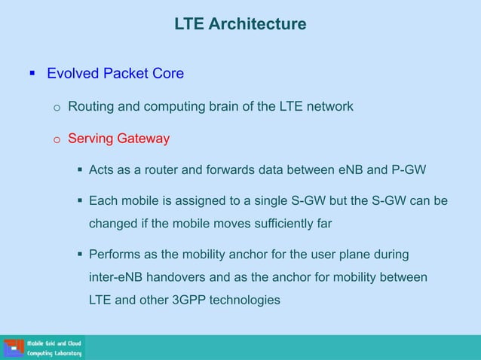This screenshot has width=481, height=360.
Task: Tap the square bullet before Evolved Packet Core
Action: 32,74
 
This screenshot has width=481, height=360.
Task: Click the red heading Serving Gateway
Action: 118,139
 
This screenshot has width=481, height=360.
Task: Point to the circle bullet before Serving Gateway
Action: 56,139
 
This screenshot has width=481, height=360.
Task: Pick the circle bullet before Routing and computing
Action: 56,107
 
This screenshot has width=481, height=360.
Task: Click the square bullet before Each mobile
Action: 79,202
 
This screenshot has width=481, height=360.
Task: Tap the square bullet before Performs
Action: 79,255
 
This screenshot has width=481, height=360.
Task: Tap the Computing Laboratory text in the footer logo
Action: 54,353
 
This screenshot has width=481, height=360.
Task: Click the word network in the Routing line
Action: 329,106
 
